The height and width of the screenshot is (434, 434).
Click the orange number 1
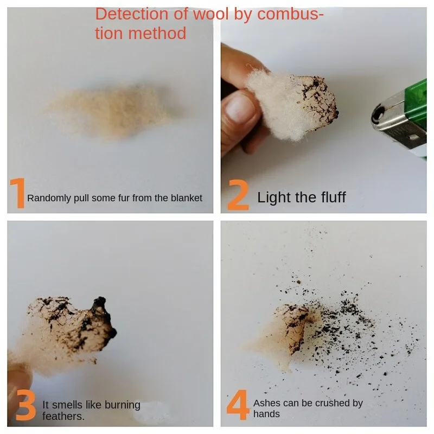pos(18,193)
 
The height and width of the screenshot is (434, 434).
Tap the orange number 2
pos(238,195)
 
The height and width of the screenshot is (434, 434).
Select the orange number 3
pos(25,405)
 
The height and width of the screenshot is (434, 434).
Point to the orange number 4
pos(238,404)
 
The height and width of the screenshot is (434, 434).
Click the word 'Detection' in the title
pos(132,14)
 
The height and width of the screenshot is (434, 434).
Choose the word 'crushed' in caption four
pos(331,403)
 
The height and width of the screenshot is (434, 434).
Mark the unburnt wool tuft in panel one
pos(111,111)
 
